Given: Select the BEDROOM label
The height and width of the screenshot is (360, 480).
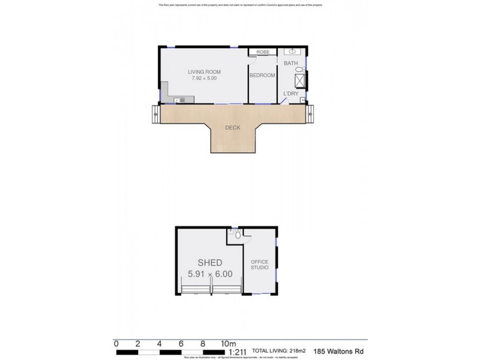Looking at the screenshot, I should tap(262, 76).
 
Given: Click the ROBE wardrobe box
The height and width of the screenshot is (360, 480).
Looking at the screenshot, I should tap(262, 52).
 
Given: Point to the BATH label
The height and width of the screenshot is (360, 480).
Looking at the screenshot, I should tap(290, 63).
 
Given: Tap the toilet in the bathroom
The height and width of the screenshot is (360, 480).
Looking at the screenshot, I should tap(300, 70).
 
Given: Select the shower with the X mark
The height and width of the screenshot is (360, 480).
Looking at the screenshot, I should tap(300, 81).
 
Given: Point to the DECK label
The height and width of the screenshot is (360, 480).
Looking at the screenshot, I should tap(233, 128).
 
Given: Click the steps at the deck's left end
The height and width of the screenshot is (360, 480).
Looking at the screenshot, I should tap(156, 113).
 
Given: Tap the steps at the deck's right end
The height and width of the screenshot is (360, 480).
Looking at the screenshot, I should tap(310, 113).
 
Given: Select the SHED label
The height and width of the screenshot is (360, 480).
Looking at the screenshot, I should tap(209, 263).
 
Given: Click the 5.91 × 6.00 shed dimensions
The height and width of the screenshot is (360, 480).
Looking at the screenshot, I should tap(209, 274).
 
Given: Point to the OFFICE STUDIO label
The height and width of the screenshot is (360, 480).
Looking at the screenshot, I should tap(259, 265).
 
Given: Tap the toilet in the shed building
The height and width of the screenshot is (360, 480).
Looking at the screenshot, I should tap(238, 235).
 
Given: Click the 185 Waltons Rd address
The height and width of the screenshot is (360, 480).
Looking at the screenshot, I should tap(338, 352).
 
